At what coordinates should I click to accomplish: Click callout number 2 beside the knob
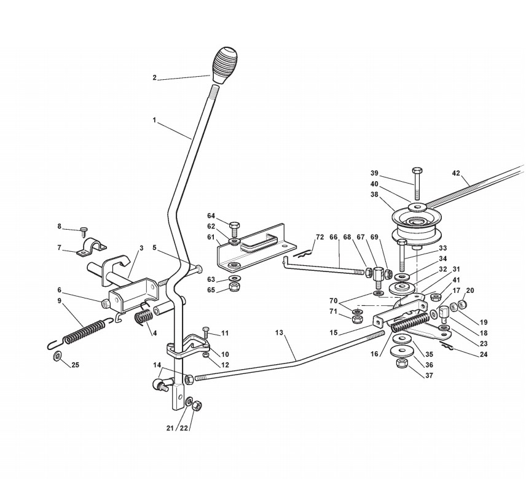click(x=155, y=77)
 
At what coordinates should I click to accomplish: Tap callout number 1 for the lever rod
click(x=154, y=120)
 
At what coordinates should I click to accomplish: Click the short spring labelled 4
click(x=143, y=316)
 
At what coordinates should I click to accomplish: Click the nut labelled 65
click(x=234, y=287)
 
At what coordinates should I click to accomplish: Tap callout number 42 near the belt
click(x=455, y=173)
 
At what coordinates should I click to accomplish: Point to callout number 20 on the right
click(x=470, y=290)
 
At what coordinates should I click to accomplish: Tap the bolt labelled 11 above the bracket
click(x=206, y=332)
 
